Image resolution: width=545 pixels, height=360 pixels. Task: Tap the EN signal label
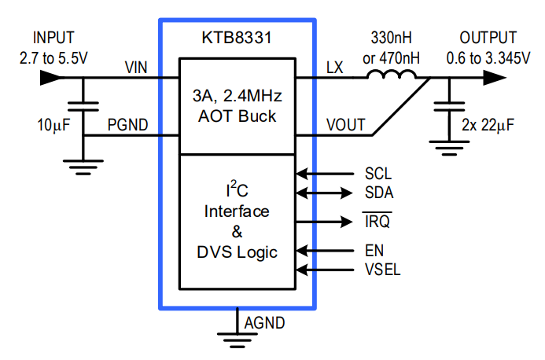[x=374, y=252]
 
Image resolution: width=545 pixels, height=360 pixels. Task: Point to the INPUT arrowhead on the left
[x=49, y=77]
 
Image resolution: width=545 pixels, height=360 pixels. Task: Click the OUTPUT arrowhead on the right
[x=494, y=77]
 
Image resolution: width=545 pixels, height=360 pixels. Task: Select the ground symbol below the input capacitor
[x=83, y=164]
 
